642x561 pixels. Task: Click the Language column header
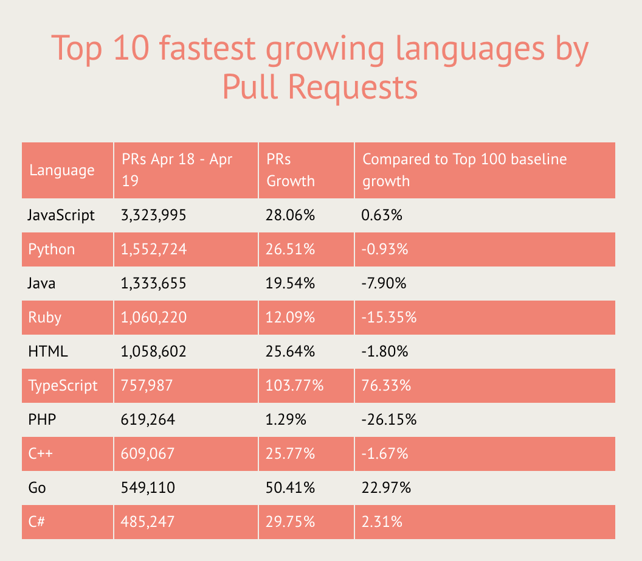62,170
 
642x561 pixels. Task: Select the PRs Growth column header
291,170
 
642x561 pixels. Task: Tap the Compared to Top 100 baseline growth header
464,170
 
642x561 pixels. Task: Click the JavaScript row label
61,215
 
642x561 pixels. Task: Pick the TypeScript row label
63,386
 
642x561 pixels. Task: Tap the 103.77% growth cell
295,386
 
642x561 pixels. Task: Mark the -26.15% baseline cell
389,420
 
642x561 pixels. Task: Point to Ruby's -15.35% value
389,318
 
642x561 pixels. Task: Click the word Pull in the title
249,86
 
